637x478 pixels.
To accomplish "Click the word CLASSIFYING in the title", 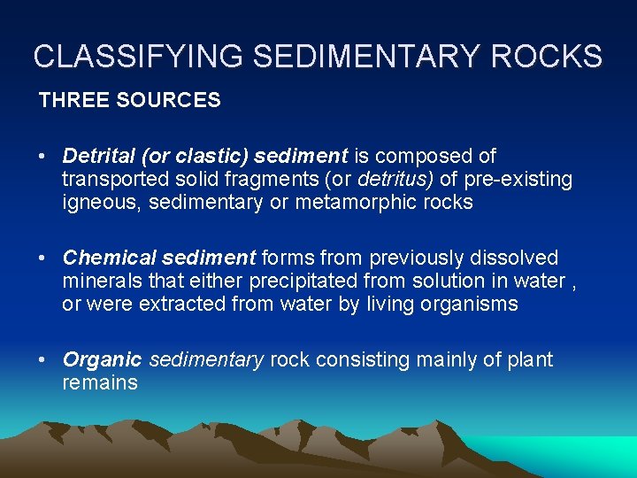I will point(139,57).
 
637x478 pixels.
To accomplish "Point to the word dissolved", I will point(514,258).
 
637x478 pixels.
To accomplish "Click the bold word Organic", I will point(102,360).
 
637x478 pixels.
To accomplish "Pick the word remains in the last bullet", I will point(100,383).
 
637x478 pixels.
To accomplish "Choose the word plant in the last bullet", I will point(530,360).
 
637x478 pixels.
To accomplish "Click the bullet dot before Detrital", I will point(42,158).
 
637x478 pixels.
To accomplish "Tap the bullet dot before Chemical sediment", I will point(42,259).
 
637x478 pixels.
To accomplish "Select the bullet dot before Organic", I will point(42,361).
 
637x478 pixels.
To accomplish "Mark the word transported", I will point(112,180).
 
